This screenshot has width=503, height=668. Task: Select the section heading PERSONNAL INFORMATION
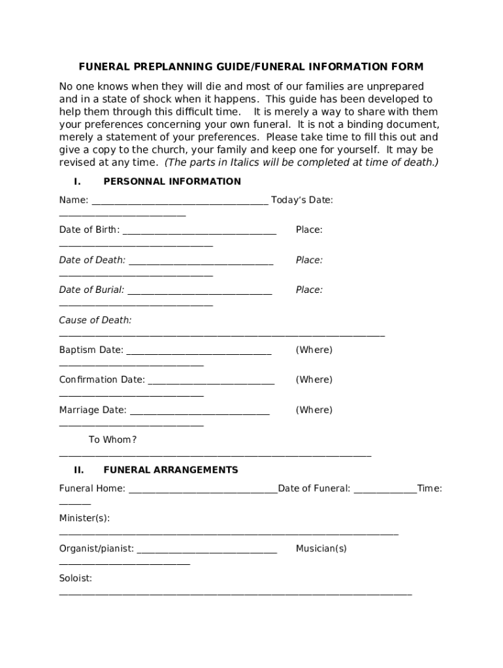172,181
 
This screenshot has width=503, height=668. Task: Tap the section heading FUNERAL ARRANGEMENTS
170,470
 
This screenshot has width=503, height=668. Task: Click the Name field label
73,200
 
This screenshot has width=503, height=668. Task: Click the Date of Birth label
89,230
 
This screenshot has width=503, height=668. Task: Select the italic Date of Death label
92,260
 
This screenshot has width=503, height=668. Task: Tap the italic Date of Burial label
91,290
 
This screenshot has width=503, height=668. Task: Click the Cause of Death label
95,320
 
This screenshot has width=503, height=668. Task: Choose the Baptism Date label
91,350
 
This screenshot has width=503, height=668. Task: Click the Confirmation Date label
102,380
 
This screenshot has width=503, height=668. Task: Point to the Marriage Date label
93,410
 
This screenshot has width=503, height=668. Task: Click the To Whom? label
112,440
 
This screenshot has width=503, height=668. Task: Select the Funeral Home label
92,488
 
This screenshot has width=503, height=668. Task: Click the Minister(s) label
84,518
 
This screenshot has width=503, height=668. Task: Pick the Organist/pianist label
97,549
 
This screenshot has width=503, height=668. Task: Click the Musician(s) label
321,549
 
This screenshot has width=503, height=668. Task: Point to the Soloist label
75,579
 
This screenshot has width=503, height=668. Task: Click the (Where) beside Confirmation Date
314,380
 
